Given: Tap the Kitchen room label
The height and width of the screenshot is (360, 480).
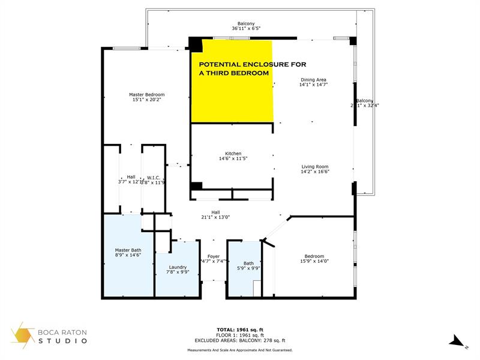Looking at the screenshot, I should tap(233, 153).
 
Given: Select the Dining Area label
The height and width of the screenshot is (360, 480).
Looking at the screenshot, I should tap(313, 79).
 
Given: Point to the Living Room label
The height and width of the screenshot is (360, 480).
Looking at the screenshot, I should tap(315, 166).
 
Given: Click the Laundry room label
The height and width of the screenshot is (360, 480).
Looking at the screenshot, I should tap(177, 267).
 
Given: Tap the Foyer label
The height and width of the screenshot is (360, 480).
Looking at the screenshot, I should tap(214, 256).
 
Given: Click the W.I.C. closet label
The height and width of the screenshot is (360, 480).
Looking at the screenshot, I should tap(152, 177).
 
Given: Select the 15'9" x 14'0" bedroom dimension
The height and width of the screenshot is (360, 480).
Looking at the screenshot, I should tap(314, 261).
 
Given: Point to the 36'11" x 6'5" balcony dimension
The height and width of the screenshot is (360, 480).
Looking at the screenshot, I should tap(246, 28).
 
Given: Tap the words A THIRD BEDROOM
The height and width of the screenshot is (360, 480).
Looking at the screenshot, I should tap(233, 73).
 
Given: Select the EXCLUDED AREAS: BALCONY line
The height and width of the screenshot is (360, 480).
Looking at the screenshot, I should tap(240, 340).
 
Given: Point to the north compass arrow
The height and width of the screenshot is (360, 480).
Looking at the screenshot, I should tap(458, 341).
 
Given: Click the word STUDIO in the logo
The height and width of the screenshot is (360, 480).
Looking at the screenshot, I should tap(64, 341).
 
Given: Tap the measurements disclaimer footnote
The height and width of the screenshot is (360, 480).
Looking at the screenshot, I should tap(240, 350).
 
